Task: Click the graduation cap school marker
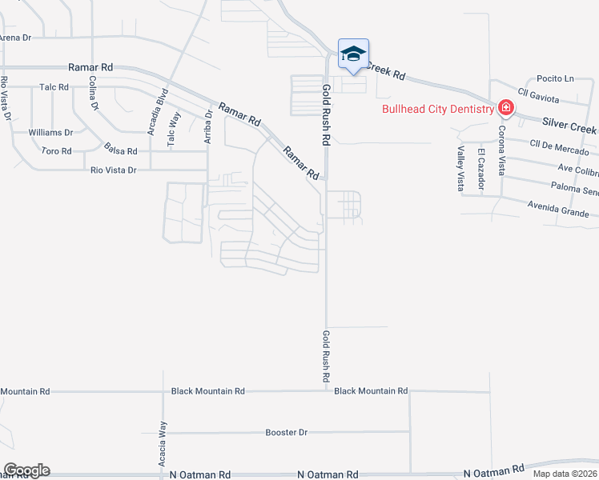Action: [353, 54]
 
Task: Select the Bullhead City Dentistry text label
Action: [438, 109]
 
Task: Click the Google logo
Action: [26, 470]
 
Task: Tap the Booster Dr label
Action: [286, 433]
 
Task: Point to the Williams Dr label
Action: [50, 132]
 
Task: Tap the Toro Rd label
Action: [57, 150]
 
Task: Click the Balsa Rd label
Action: [121, 150]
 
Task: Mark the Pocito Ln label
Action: [557, 78]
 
